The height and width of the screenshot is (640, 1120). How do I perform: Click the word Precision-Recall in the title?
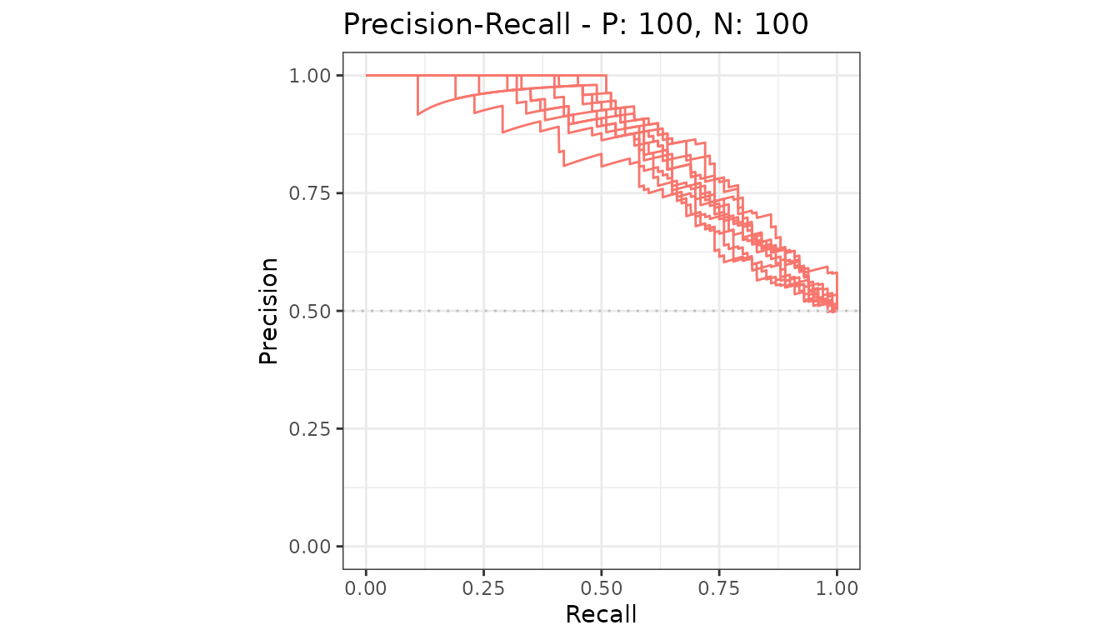tap(457, 24)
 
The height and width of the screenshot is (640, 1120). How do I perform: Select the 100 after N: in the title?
tap(781, 24)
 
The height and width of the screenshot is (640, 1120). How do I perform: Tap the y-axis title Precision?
tap(268, 311)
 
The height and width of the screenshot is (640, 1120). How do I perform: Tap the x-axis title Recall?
tap(601, 614)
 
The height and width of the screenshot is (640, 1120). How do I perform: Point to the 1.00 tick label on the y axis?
tap(310, 76)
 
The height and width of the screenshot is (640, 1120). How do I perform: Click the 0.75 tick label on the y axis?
tap(310, 193)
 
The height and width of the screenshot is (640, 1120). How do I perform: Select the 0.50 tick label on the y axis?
tap(310, 311)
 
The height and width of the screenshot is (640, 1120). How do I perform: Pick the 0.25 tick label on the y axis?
tap(310, 429)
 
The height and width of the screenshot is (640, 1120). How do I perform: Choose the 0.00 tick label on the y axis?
tap(310, 547)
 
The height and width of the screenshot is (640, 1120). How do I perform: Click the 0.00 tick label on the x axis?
tap(366, 588)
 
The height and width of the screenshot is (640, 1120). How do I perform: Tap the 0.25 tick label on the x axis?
tap(483, 588)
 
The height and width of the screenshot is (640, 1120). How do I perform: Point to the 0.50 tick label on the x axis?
tap(602, 588)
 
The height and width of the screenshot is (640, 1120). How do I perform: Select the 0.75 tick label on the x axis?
tap(719, 588)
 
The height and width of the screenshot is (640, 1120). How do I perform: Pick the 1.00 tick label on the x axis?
tap(837, 588)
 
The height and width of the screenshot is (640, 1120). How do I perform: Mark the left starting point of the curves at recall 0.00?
tap(367, 76)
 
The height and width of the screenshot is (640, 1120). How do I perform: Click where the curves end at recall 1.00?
tap(837, 311)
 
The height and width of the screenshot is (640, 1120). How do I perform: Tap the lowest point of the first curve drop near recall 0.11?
tap(418, 114)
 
